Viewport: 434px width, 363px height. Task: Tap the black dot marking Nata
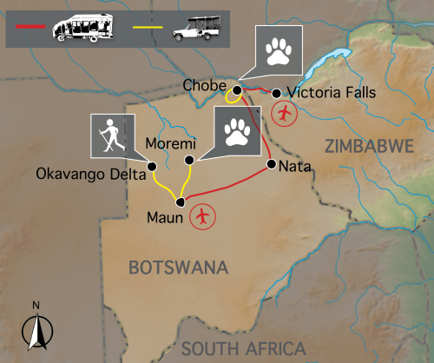pos(272,164)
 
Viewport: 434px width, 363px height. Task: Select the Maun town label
pos(165,218)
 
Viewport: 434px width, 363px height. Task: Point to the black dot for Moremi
pos(191,160)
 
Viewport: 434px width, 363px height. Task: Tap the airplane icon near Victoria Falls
pos(283,112)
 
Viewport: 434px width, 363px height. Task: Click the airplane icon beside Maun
pos(204,215)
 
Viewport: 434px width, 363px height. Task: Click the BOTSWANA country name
pos(177,268)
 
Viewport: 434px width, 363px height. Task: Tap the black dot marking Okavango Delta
pos(151,166)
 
